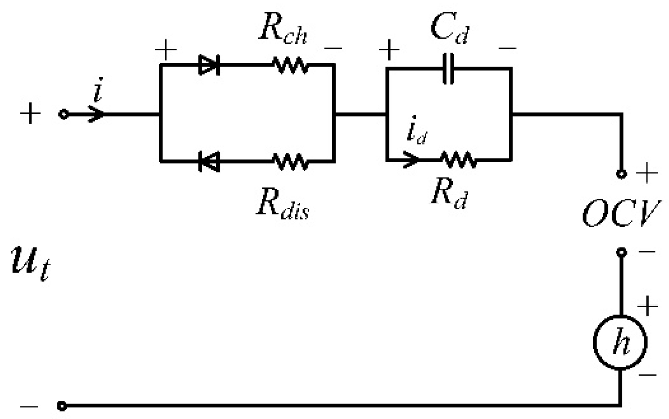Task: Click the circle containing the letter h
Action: pos(620,343)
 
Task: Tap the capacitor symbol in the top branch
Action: pos(448,69)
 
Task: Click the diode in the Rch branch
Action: pos(209,65)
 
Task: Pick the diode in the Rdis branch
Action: pos(209,161)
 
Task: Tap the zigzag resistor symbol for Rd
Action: pos(458,160)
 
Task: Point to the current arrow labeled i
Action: pos(96,114)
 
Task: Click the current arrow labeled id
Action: pos(411,159)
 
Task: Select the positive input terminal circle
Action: pos(63,114)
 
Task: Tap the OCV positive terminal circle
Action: pos(621,174)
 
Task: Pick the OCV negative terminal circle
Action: pos(621,253)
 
